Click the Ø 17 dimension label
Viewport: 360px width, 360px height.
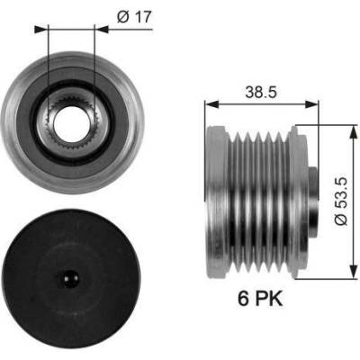pos(134,17)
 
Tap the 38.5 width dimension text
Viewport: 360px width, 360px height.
pos(260,92)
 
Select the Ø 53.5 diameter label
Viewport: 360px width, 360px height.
pos(340,202)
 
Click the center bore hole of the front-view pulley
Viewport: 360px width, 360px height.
pos(71,123)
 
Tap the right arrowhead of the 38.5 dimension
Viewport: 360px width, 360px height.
pos(311,104)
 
